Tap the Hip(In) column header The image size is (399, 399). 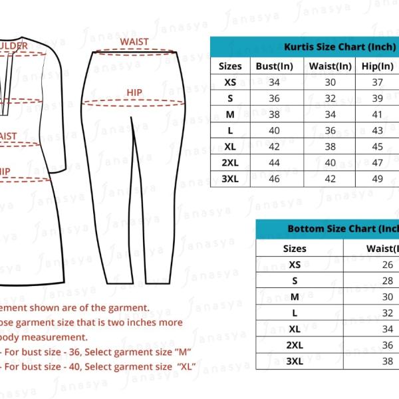378,66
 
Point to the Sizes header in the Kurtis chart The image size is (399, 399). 230,66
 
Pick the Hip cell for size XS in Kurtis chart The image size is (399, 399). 378,82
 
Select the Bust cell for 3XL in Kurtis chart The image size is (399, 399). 274,178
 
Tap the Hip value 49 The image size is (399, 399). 378,178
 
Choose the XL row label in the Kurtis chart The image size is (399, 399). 230,146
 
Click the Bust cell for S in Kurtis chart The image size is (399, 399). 274,98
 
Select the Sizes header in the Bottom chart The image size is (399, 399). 295,249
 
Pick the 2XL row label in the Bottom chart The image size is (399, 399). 295,345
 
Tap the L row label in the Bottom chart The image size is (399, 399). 295,313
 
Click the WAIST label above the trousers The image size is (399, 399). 134,42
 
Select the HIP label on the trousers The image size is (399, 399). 135,92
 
